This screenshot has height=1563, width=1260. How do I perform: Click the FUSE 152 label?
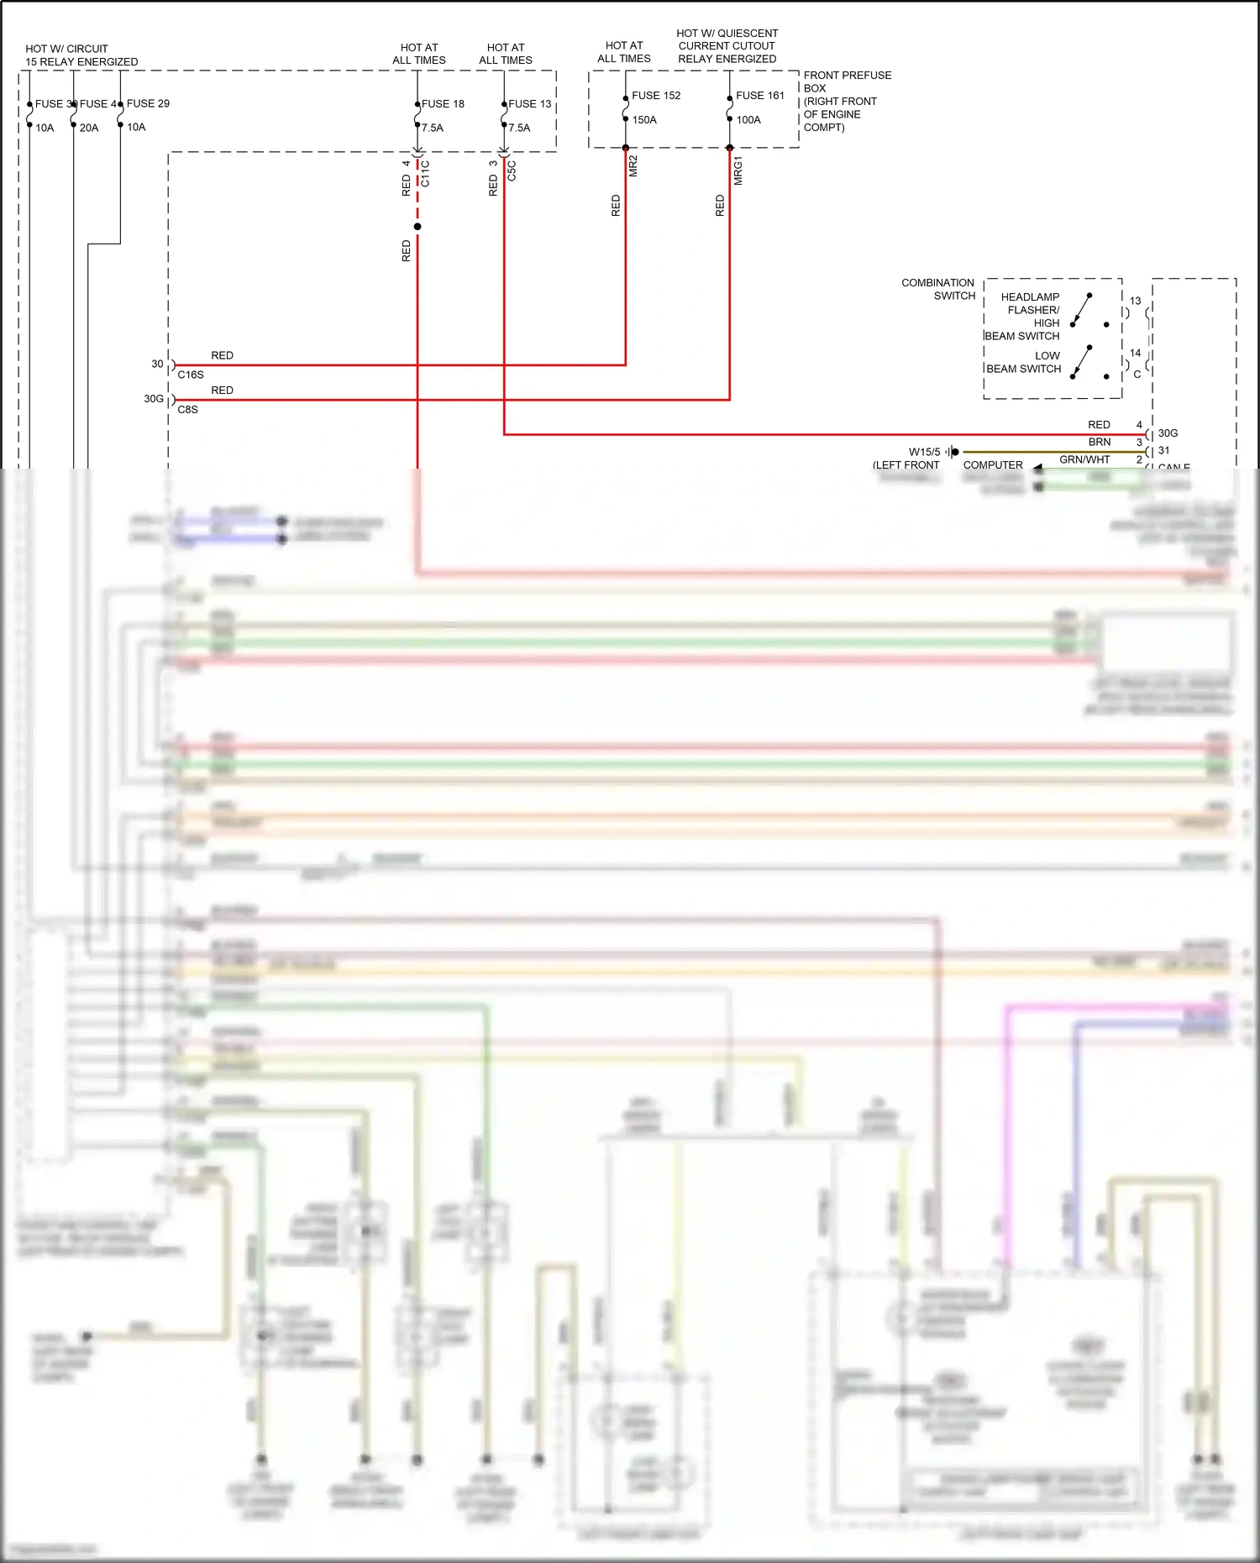(656, 96)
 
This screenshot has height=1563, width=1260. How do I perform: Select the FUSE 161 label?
(760, 96)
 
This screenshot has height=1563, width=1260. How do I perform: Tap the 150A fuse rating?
(644, 120)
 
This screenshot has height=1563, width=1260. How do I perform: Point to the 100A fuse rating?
(748, 120)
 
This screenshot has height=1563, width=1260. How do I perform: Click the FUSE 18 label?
(443, 104)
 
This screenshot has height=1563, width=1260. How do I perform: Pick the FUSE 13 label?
(530, 104)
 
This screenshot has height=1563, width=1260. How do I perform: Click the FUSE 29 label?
(148, 103)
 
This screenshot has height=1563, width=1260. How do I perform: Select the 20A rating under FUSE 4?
(89, 128)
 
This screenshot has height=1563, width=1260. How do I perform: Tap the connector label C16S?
(191, 375)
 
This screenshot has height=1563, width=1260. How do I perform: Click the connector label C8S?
(188, 410)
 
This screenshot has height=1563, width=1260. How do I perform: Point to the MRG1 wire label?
(738, 170)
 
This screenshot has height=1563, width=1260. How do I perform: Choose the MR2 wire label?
(633, 165)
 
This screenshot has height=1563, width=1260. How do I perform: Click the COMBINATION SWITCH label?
(938, 289)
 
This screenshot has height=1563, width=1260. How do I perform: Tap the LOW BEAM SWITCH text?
(1023, 362)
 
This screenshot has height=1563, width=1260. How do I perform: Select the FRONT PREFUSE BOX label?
(847, 101)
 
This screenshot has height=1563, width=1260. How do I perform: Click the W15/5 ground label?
(924, 452)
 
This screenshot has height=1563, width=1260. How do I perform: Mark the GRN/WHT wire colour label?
(1084, 459)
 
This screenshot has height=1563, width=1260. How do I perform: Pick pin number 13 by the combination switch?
(1135, 301)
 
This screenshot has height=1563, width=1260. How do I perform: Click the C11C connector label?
(425, 173)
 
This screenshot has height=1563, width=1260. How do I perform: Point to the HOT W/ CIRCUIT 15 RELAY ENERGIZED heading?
(81, 55)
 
